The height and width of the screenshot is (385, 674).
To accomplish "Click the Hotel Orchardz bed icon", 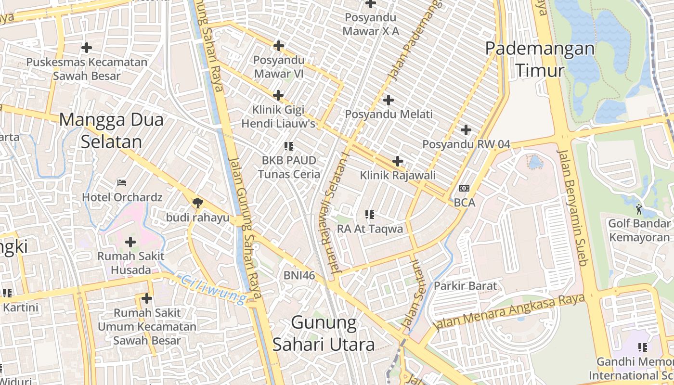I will click(x=122, y=183).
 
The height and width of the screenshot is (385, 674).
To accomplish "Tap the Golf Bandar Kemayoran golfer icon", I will click(x=639, y=209).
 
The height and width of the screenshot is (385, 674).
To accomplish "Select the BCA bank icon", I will click(x=464, y=188).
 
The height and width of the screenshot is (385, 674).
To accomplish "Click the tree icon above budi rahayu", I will click(x=197, y=203).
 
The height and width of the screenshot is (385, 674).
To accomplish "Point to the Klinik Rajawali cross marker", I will click(x=398, y=161).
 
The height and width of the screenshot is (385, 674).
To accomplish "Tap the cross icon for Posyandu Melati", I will click(x=389, y=100).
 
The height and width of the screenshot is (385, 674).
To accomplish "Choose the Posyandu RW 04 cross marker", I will click(x=466, y=130).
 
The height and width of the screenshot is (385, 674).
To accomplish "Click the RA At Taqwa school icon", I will click(x=370, y=215).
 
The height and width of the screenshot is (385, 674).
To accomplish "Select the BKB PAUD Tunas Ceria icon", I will click(x=289, y=146).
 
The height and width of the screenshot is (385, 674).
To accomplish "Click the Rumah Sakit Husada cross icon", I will click(x=130, y=242).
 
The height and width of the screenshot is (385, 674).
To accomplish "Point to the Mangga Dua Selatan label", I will click(x=111, y=130).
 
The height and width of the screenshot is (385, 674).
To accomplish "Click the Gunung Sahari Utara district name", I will click(x=324, y=334).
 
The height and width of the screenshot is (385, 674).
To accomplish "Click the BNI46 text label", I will click(x=299, y=276).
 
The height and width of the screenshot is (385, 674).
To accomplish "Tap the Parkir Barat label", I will click(x=465, y=286).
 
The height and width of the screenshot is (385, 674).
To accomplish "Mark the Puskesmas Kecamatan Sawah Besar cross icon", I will click(x=87, y=48).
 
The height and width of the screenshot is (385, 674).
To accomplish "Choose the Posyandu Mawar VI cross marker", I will click(x=278, y=46).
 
